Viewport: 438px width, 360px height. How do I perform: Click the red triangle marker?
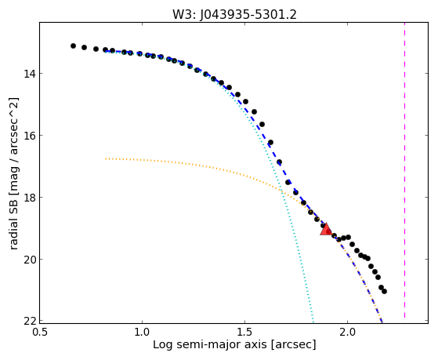click(326, 229)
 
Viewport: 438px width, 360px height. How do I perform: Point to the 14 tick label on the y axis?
click(29, 74)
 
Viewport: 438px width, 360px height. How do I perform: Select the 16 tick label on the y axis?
click(29, 136)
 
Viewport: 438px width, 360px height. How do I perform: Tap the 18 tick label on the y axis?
click(29, 198)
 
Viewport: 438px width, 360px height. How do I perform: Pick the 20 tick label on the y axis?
click(29, 260)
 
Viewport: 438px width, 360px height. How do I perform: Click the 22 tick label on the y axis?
click(29, 322)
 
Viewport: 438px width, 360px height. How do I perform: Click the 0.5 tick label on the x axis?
click(40, 332)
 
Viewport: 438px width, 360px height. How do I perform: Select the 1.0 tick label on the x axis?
click(143, 332)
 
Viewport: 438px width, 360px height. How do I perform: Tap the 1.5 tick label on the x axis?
click(245, 332)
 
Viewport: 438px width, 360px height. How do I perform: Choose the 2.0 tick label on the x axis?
click(347, 332)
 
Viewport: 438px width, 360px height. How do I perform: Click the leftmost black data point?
click(73, 45)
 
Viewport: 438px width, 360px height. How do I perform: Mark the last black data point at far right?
click(385, 292)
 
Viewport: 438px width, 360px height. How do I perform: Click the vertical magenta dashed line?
click(405, 171)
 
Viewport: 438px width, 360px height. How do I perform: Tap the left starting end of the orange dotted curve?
click(106, 158)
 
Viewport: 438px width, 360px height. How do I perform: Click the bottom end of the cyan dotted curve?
click(313, 321)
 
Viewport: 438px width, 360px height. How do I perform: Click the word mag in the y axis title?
click(13, 176)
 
